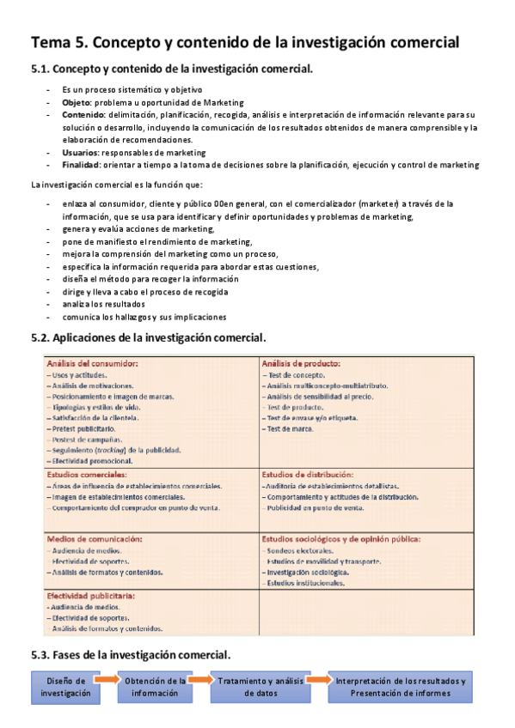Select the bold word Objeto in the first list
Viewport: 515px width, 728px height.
[x=77, y=101]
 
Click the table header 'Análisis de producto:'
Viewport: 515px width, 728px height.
[x=301, y=364]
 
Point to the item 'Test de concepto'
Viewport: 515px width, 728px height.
[x=295, y=375]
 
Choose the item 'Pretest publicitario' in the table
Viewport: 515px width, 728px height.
[x=82, y=428]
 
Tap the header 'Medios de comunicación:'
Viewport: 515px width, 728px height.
[x=94, y=539]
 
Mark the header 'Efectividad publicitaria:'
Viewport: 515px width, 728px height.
[x=92, y=595]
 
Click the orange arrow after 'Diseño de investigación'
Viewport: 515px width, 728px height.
[x=107, y=680]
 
